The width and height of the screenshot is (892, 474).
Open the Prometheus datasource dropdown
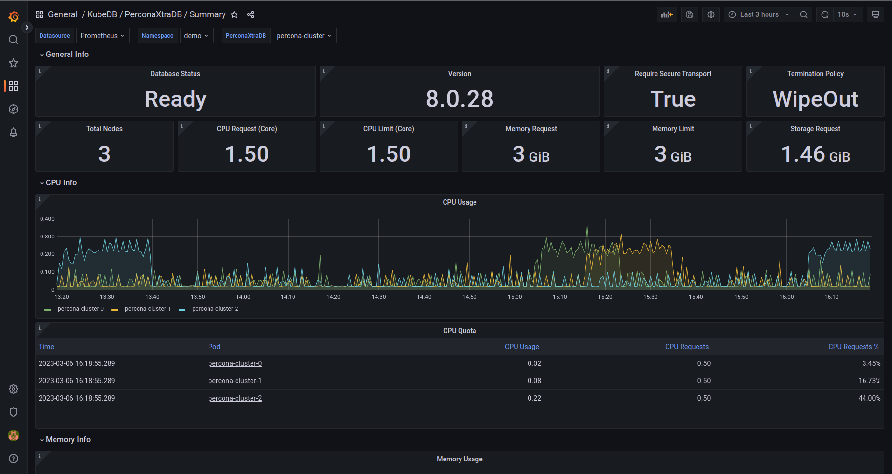[x=102, y=36]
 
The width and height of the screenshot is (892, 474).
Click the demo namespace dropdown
[x=196, y=36]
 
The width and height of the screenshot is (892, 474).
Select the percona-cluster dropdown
[x=304, y=36]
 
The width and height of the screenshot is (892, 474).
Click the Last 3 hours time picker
[x=759, y=14]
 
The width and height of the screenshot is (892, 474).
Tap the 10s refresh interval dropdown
[x=847, y=14]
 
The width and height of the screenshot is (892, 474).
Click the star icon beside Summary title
[x=234, y=14]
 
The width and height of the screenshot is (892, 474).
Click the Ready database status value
[x=175, y=99]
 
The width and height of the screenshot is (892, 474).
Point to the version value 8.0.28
[x=460, y=99]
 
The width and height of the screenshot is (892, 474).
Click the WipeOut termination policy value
[x=815, y=99]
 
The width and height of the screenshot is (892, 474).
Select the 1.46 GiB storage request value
[x=815, y=154]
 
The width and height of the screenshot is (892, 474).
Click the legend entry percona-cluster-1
[x=147, y=309]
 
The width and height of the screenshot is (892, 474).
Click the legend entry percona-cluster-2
[x=215, y=309]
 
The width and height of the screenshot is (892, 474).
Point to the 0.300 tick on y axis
[x=47, y=237]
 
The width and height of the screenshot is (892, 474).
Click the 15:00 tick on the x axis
[x=515, y=297]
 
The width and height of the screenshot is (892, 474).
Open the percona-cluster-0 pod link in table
[x=235, y=363]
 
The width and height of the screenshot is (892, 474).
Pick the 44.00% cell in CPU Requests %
[x=869, y=398]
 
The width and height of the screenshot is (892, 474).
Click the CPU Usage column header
[x=521, y=347]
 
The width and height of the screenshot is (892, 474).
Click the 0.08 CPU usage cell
[x=534, y=381]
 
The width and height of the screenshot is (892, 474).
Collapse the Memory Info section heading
[x=68, y=439]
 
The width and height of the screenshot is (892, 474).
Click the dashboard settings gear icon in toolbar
[x=711, y=14]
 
